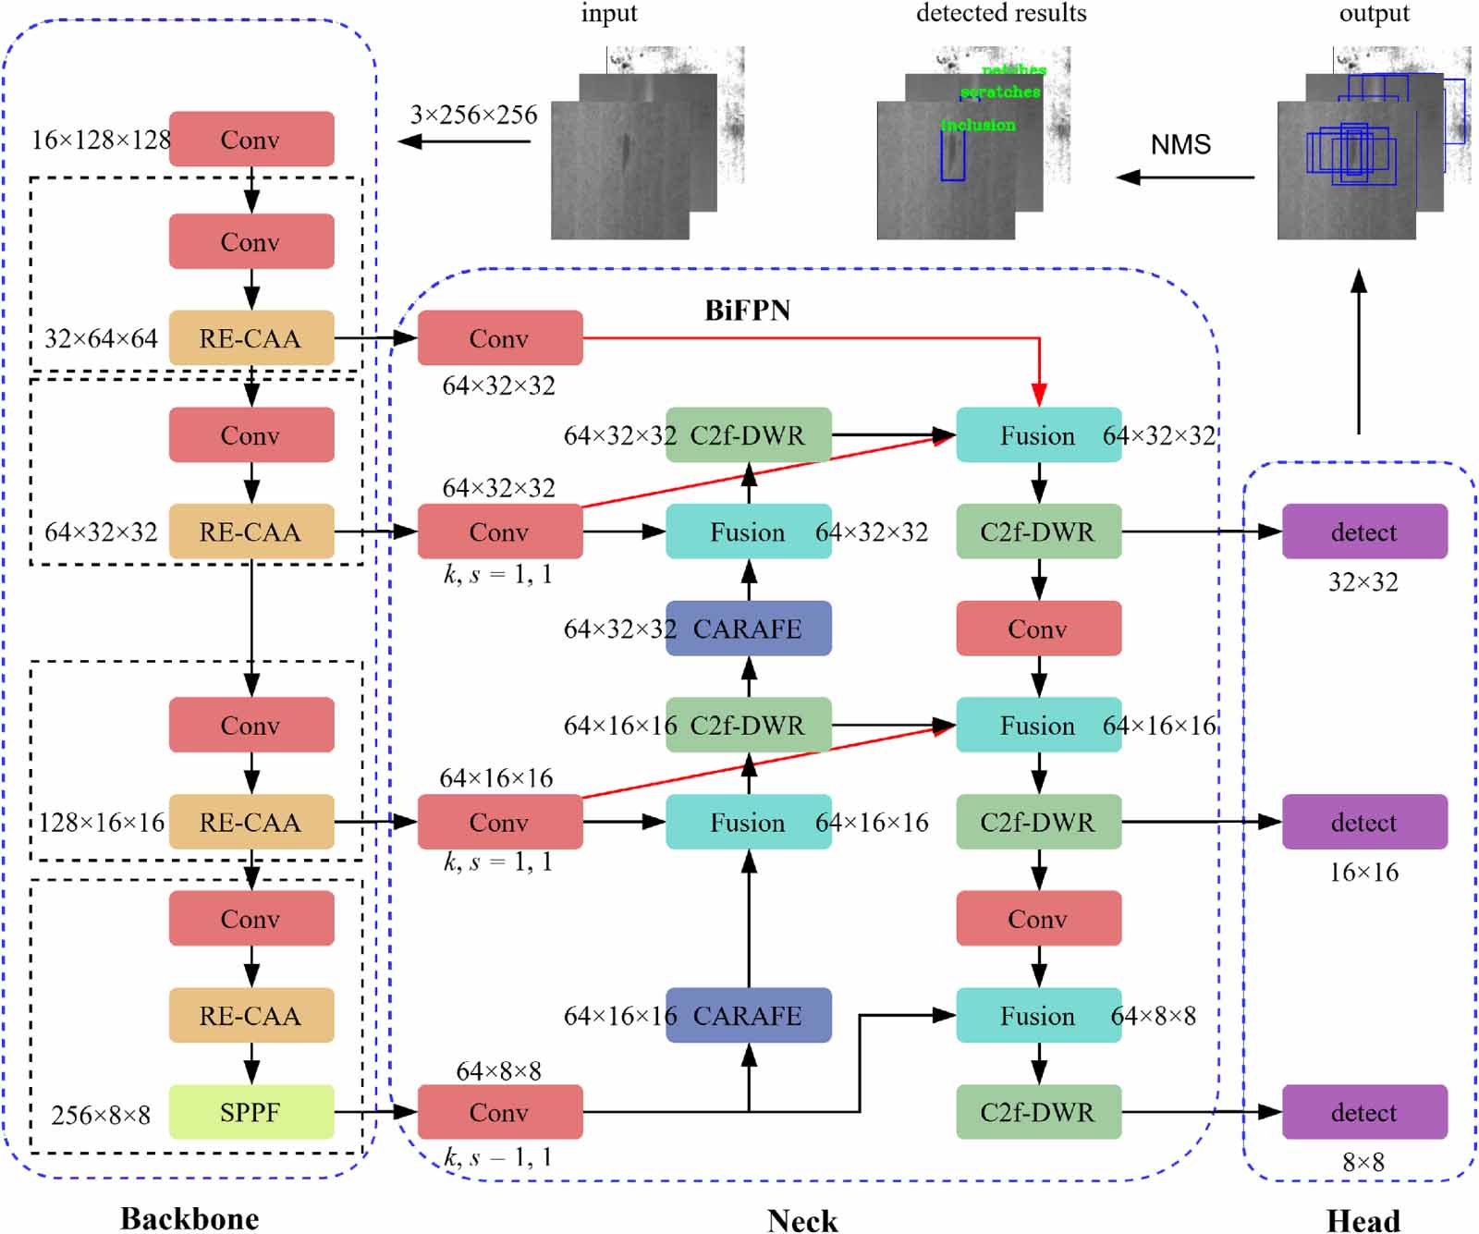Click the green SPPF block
251,1112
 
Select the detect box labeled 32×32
1364,531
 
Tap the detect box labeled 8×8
1364,1112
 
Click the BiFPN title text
747,311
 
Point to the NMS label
1180,145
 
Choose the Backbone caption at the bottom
189,1218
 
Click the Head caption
1363,1220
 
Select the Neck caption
802,1220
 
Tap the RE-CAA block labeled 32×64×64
251,338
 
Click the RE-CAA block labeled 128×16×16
251,822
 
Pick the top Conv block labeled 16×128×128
251,140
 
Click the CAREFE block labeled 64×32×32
748,629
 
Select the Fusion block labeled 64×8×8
1038,1016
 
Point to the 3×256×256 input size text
473,115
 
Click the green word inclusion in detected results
978,125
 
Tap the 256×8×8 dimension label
101,1115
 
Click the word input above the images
608,14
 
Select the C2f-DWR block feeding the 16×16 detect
1038,822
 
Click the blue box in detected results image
953,155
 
